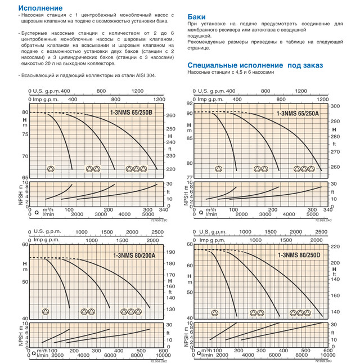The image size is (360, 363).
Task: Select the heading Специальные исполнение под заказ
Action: pyautogui.click(x=255, y=65)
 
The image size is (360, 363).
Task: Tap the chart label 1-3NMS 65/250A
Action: pyautogui.click(x=296, y=114)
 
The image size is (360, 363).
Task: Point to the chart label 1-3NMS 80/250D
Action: pyautogui.click(x=300, y=255)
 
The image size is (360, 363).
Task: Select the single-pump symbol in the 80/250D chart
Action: pyautogui.click(x=214, y=313)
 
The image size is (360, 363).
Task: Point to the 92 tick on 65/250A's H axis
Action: pyautogui.click(x=189, y=104)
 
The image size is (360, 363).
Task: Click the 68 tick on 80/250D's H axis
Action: pyautogui.click(x=189, y=244)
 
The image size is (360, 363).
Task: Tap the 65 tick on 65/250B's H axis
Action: pyautogui.click(x=24, y=177)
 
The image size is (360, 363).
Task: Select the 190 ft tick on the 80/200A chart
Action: pyautogui.click(x=169, y=254)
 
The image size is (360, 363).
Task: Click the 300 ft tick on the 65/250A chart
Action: pyautogui.click(x=333, y=106)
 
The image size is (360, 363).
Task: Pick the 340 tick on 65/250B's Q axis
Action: pyautogui.click(x=164, y=209)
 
